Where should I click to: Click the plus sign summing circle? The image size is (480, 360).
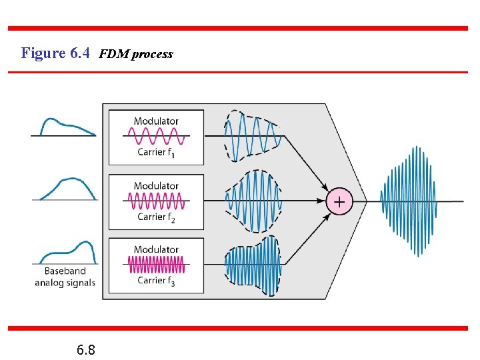click(339, 201)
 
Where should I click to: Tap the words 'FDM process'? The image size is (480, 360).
click(136, 55)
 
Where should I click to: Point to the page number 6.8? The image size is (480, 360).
click(85, 349)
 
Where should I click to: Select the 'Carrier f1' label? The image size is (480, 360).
click(156, 153)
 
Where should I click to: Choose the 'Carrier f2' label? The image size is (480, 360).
click(156, 217)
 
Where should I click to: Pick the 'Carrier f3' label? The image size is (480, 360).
click(156, 281)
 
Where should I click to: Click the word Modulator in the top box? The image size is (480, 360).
click(156, 121)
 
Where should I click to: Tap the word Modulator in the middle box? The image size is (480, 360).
click(156, 186)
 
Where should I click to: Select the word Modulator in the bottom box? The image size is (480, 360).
click(156, 249)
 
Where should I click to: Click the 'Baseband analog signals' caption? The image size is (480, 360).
click(65, 277)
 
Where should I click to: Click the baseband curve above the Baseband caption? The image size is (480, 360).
click(67, 253)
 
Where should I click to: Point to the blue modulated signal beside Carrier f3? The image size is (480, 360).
click(253, 265)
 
